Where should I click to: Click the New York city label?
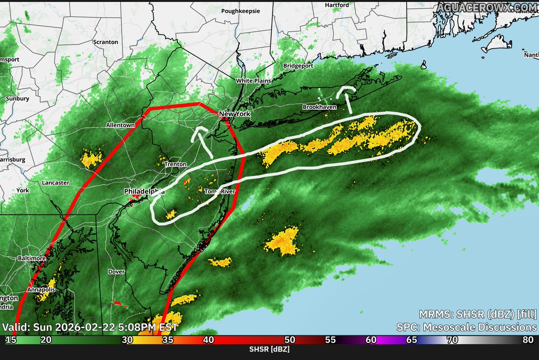coord(234,114)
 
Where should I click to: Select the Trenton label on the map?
coord(175,164)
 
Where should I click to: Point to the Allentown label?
coord(120,125)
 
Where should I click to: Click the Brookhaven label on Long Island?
coord(319,107)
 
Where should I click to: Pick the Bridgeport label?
coord(298,66)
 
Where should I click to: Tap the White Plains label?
coord(253,81)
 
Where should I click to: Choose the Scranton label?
coord(105,42)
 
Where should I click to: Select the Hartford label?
coord(336,5)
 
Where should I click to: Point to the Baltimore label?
coord(32,258)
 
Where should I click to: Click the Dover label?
coord(116,271)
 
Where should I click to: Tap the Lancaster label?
coord(55,183)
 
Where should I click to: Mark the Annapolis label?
coord(41,290)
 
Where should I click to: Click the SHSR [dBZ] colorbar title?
coord(269,349)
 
